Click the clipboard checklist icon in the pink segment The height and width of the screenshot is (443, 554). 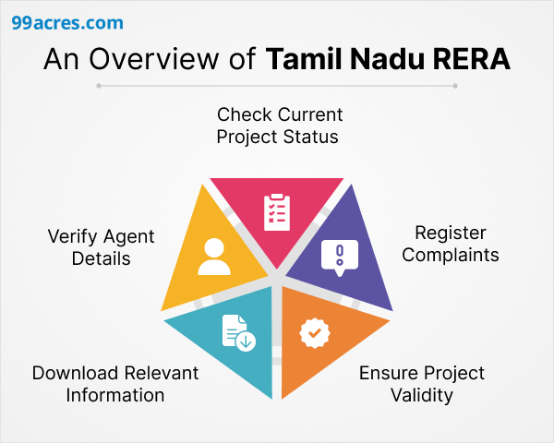tap(276, 211)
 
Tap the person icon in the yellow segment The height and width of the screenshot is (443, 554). tap(214, 257)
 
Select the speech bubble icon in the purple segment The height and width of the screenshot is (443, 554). tap(339, 257)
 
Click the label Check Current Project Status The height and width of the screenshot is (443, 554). tap(278, 126)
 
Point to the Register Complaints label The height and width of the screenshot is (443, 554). tap(450, 243)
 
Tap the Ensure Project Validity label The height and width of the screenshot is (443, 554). tap(421, 384)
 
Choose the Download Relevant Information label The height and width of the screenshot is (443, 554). tap(114, 384)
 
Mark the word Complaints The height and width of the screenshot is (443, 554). tap(450, 254)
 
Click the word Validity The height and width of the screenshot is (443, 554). tap(421, 395)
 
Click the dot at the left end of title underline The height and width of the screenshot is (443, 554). tap(99, 86)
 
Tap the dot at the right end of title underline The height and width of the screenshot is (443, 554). tap(454, 86)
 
